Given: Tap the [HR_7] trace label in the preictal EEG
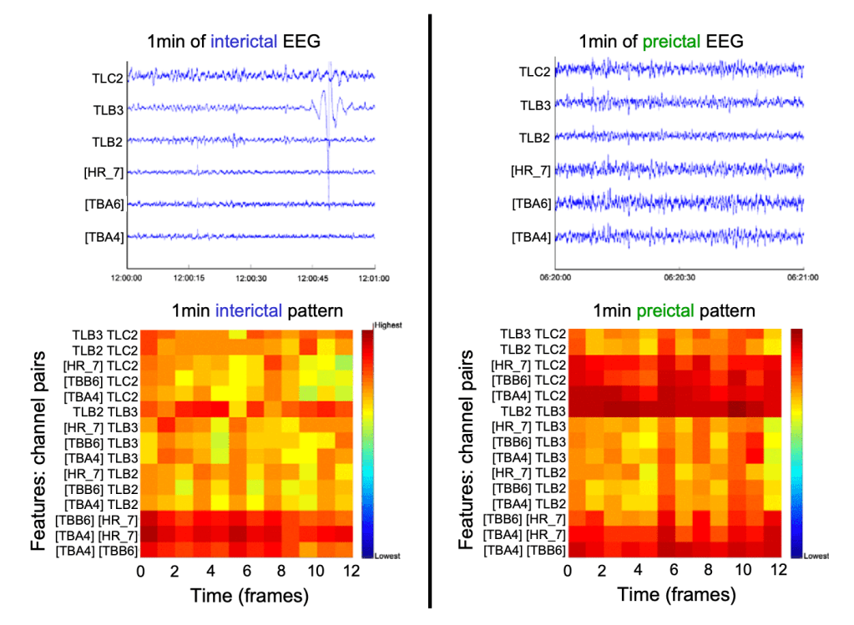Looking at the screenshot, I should [x=531, y=171].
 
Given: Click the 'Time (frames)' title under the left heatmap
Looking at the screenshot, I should [x=249, y=595].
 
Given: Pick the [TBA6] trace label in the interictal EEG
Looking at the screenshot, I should [x=104, y=204].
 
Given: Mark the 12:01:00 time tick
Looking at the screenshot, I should [x=374, y=278].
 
